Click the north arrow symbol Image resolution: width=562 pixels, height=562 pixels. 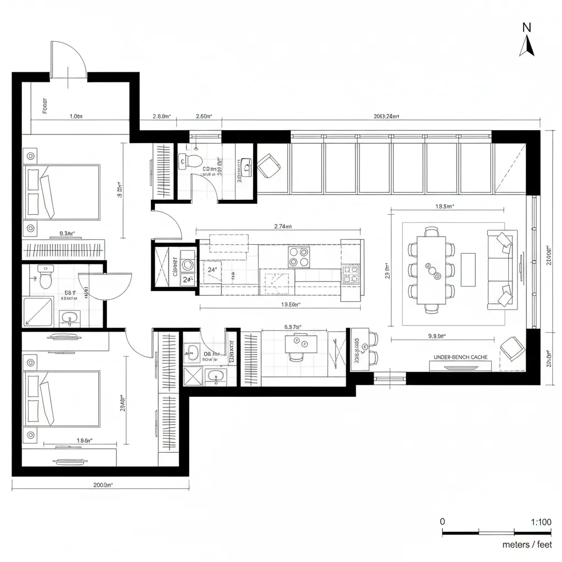pos(527,46)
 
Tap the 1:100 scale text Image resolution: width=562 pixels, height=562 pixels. pos(541,522)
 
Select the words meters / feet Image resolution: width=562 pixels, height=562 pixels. pos(527,544)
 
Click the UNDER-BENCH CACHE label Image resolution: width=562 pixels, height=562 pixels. pos(460,357)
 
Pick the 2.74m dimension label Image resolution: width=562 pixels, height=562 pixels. pos(282,226)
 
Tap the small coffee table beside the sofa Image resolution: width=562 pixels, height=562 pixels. pos(468,269)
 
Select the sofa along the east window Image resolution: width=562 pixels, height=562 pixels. pos(500,269)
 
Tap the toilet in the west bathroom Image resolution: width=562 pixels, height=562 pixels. pos(45,278)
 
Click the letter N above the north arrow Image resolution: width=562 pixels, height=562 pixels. pos(527,27)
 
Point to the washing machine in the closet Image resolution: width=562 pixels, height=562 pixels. pos(188,265)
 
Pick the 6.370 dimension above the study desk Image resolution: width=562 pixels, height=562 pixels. pos(293,327)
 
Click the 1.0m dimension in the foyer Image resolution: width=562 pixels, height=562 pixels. pos(76,116)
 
